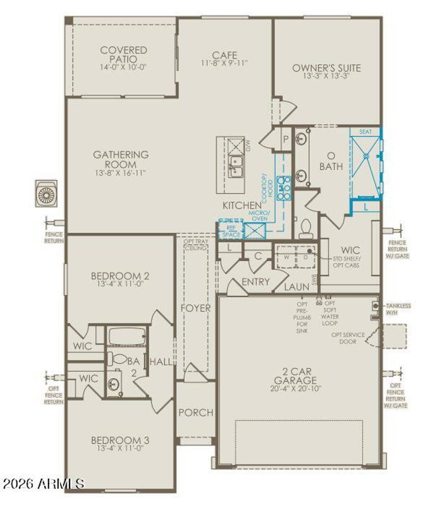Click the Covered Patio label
tap(124, 54)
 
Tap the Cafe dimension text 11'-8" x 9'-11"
tap(224, 63)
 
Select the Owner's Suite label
tap(326, 68)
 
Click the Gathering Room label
tap(121, 159)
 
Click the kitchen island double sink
tap(235, 166)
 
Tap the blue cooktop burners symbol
tap(283, 188)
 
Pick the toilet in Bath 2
tap(117, 359)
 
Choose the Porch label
tap(196, 413)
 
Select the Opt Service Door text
tap(348, 338)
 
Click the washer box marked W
tap(287, 257)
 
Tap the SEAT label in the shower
tap(365, 132)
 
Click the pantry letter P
tap(286, 139)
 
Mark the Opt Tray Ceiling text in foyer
tap(196, 244)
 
